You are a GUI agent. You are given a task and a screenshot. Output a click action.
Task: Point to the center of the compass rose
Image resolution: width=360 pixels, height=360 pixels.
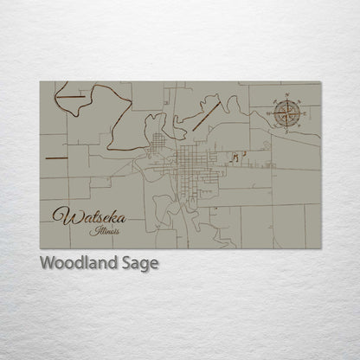click(289, 112)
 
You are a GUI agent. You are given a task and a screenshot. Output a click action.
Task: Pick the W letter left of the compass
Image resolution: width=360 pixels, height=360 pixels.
click(269, 112)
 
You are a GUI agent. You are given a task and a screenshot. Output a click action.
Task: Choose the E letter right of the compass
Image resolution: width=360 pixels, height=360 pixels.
click(309, 112)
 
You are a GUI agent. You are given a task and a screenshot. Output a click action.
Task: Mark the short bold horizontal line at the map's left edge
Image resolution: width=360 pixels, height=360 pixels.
click(55, 158)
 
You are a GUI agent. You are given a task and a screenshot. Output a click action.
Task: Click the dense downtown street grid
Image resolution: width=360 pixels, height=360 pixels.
click(188, 161)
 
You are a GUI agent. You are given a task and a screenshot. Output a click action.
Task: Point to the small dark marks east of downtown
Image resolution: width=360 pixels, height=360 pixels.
click(236, 156)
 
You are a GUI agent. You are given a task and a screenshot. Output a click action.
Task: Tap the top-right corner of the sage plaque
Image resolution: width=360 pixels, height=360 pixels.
click(321, 81)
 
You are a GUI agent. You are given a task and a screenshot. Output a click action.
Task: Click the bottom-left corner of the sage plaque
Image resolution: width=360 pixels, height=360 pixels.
click(40, 248)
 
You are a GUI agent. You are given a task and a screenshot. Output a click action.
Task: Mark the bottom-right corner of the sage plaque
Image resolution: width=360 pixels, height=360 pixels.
click(321, 248)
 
